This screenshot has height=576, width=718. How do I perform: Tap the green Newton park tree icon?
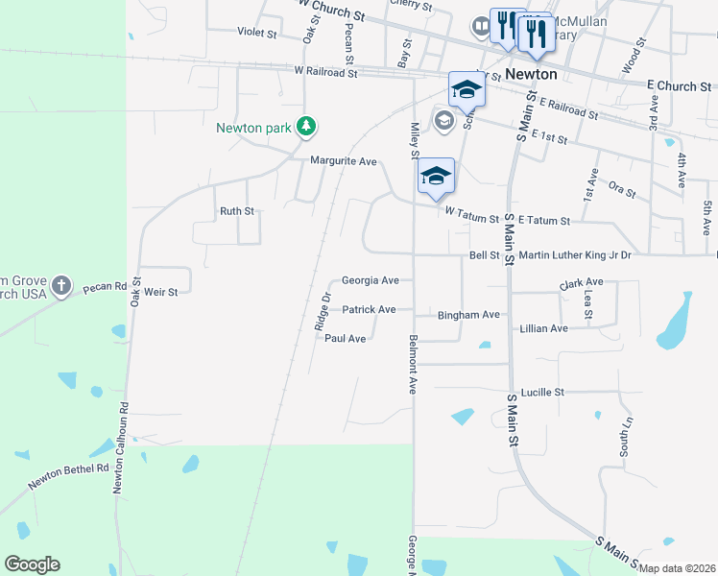(x=306, y=126)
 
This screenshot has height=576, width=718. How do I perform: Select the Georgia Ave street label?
(x=370, y=280)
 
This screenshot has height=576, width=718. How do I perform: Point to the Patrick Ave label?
(x=369, y=309)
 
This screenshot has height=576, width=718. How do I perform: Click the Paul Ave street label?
(x=345, y=338)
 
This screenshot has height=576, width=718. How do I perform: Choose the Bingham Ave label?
(x=468, y=315)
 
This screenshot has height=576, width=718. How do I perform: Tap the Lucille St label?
(x=541, y=392)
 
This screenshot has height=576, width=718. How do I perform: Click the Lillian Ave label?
(x=543, y=328)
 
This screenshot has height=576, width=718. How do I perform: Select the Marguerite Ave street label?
(x=343, y=161)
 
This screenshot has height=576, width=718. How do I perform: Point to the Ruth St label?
(x=236, y=211)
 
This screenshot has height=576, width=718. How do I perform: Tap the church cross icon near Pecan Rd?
(x=61, y=285)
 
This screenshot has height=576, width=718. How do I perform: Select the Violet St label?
(x=256, y=32)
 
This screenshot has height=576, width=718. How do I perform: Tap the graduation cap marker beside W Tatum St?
(x=435, y=177)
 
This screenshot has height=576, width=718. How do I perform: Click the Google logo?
(x=32, y=564)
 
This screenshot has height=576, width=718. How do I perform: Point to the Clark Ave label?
(x=581, y=282)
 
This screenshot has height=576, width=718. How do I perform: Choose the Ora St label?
(x=623, y=191)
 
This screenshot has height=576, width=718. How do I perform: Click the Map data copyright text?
(x=676, y=568)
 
